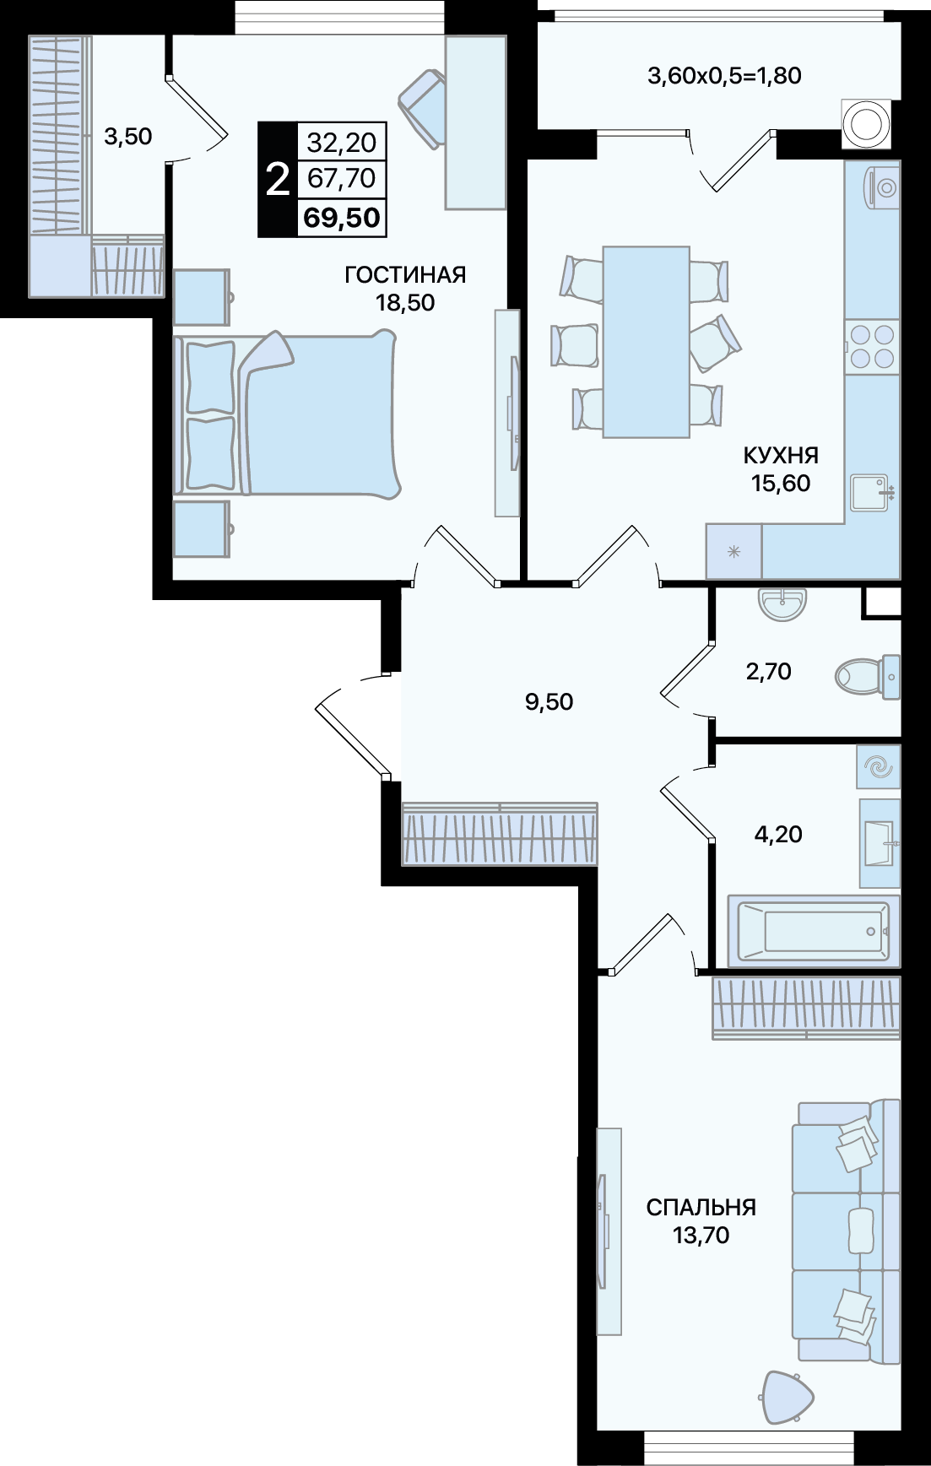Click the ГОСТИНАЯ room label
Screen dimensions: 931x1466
405,274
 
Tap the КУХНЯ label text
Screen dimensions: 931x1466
781,456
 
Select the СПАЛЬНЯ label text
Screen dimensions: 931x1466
701,1207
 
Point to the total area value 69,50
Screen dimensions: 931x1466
342,218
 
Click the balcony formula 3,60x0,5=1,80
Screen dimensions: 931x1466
724,76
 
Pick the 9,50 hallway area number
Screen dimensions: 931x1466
549,701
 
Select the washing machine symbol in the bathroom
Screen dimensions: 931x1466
879,767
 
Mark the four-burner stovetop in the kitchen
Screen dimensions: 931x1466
872,346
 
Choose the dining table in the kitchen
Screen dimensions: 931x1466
647,342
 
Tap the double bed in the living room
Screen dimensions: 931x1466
286,414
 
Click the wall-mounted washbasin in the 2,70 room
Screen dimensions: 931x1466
782,603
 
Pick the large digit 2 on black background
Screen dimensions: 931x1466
278,180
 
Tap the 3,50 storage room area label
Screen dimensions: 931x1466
127,136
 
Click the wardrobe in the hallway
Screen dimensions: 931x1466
500,834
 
